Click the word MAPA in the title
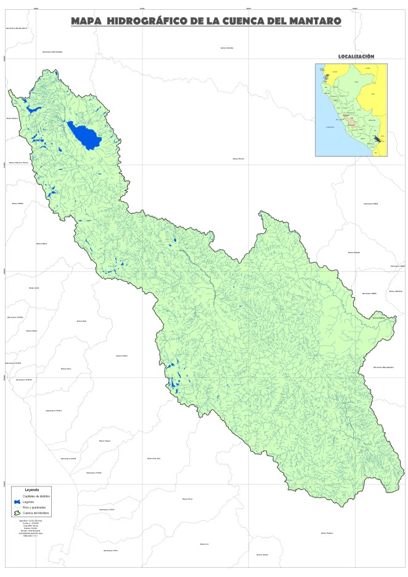tap(86, 21)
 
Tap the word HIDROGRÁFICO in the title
tap(147, 21)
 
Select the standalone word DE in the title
tap(196, 21)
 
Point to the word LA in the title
tap(213, 21)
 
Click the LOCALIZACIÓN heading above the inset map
tap(356, 56)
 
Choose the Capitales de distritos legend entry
tap(36, 496)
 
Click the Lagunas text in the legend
tap(28, 502)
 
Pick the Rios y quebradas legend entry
tap(34, 507)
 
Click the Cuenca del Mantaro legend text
tap(36, 513)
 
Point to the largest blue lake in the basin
tap(85, 136)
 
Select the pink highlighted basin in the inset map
tap(351, 120)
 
